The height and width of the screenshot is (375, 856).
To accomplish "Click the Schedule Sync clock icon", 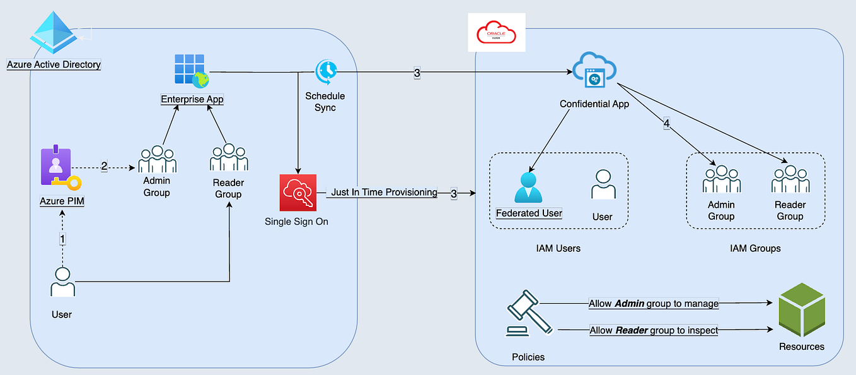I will click(327, 71).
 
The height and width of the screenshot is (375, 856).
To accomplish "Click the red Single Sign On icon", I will click(297, 193).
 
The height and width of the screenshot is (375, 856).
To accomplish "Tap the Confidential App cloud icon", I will click(594, 71).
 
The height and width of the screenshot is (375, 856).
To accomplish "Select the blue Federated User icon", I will click(529, 186).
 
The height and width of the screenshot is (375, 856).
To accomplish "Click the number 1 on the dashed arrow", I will click(62, 239).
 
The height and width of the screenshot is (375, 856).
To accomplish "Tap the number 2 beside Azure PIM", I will click(105, 167).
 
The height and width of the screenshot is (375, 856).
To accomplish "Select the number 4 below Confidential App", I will click(666, 124).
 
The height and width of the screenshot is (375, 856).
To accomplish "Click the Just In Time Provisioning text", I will click(384, 193).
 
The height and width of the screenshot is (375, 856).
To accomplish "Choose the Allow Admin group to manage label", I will click(654, 304).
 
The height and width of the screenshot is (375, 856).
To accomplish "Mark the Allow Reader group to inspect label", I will click(654, 330).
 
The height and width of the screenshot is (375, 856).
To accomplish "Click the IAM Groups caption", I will click(755, 249).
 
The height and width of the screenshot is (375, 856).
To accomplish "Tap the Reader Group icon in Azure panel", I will click(229, 158).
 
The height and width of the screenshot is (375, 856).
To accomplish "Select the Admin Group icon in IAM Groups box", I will click(721, 179).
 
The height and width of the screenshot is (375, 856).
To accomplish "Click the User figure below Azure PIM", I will click(62, 282).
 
